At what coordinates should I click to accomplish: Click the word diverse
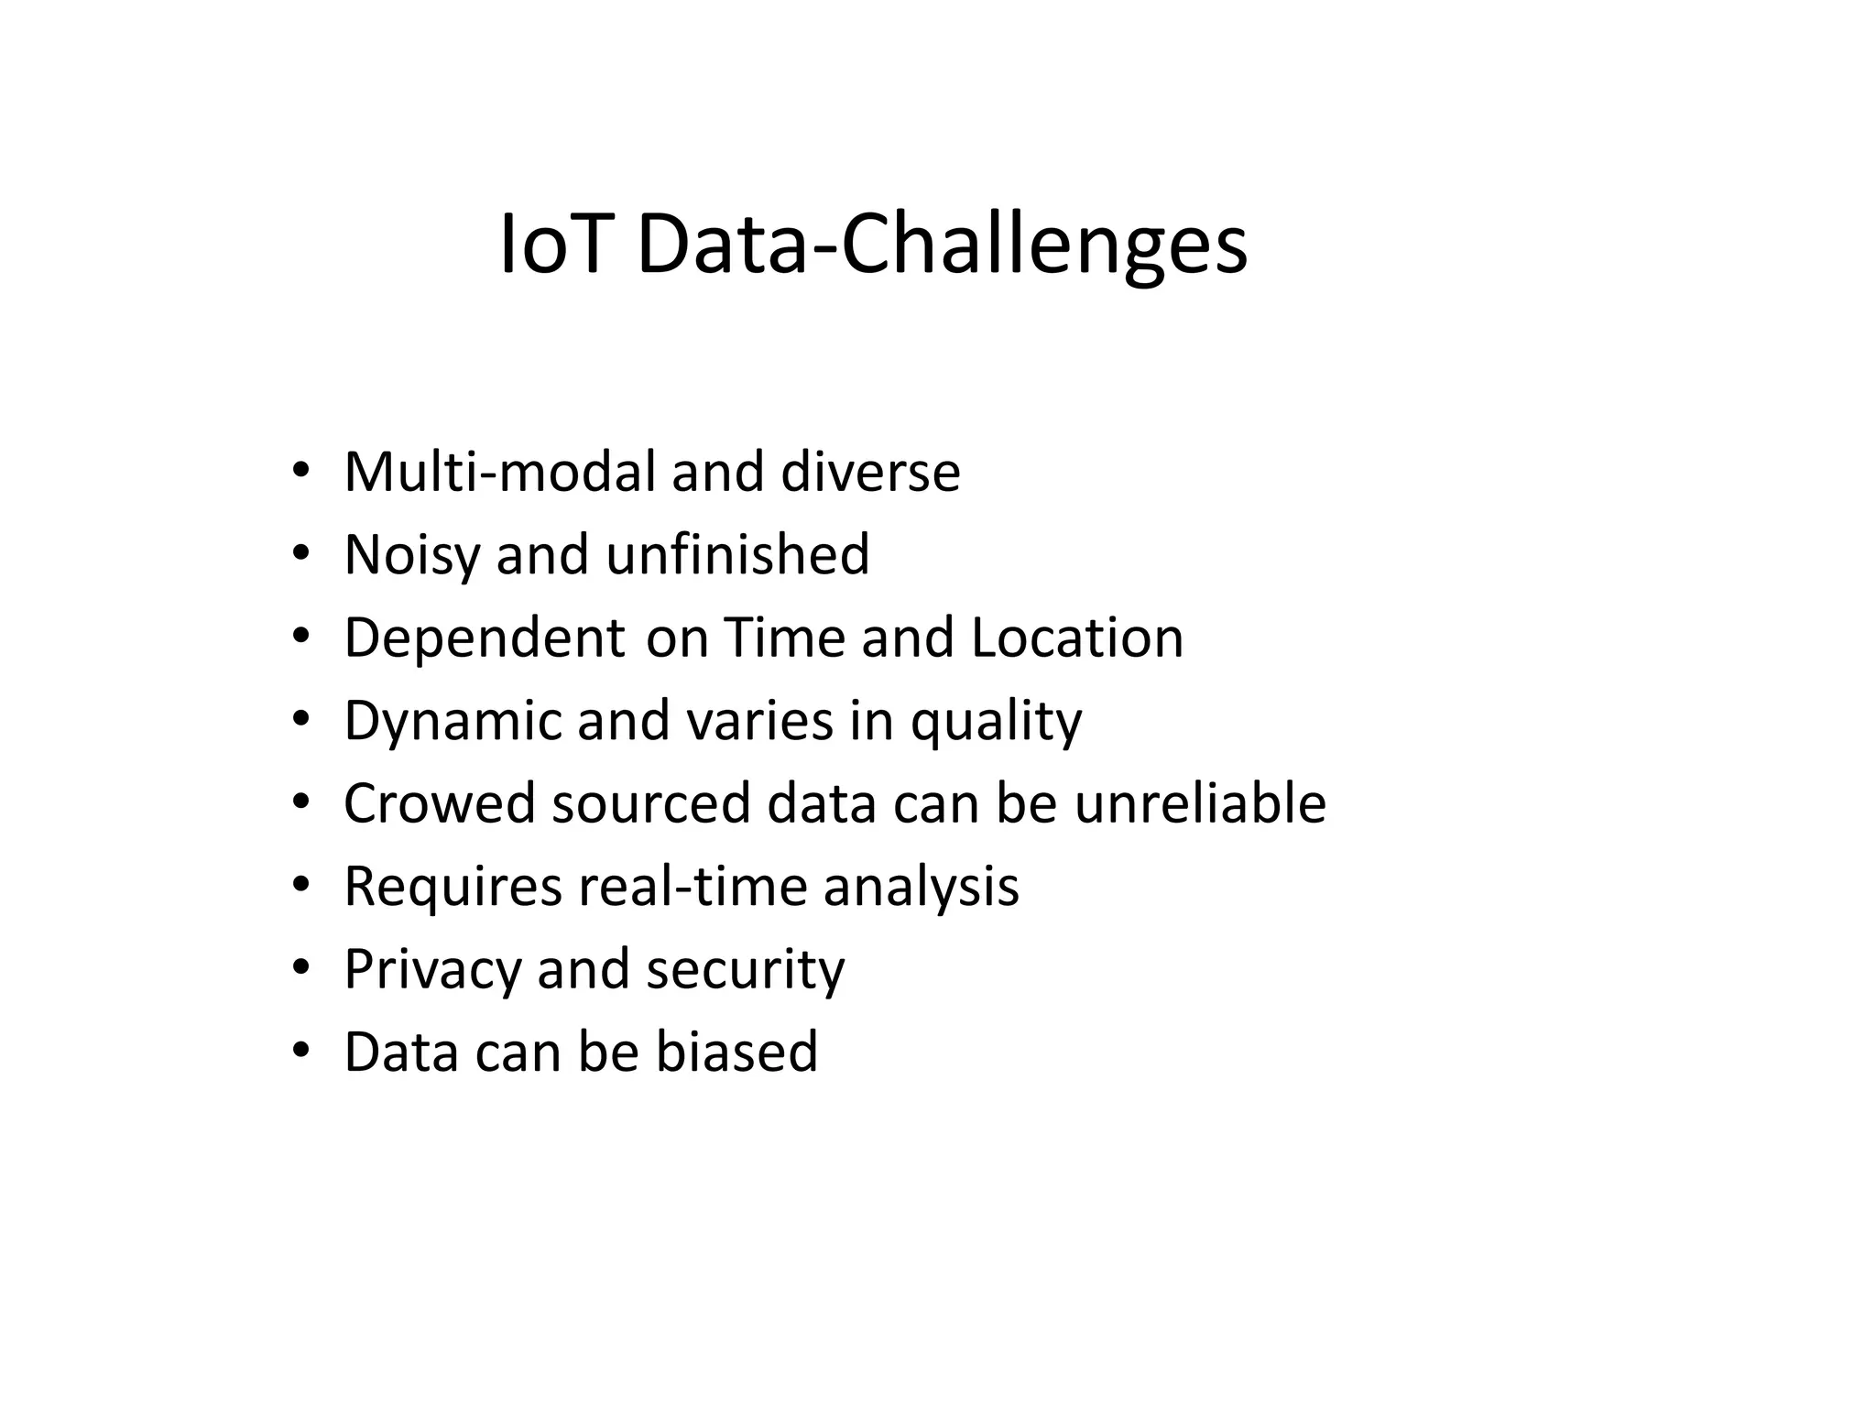pyautogui.click(x=870, y=472)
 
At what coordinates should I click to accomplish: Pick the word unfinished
pyautogui.click(x=737, y=554)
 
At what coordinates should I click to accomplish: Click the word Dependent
pyautogui.click(x=485, y=638)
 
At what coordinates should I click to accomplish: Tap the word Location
pyautogui.click(x=1077, y=638)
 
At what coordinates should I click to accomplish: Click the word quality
pyautogui.click(x=996, y=722)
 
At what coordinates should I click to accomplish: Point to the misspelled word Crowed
pyautogui.click(x=439, y=803)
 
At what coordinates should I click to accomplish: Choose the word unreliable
pyautogui.click(x=1200, y=803)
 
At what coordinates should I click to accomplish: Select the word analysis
pyautogui.click(x=921, y=887)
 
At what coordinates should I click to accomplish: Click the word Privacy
pyautogui.click(x=432, y=970)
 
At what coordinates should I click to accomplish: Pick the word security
pyautogui.click(x=745, y=970)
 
